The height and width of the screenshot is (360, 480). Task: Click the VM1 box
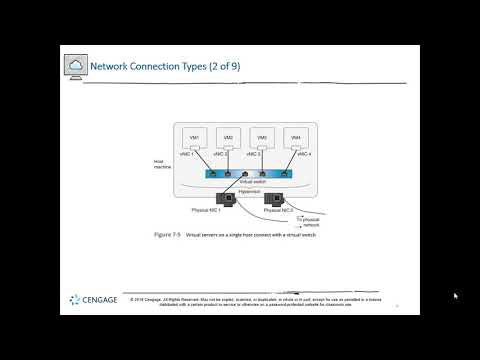point(195,139)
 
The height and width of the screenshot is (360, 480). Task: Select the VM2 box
point(229,139)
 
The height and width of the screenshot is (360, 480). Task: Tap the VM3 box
point(263,139)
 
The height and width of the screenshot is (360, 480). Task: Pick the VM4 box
point(297,139)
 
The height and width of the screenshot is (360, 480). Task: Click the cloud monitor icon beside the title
point(76,67)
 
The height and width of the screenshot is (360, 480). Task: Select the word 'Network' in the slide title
point(110,67)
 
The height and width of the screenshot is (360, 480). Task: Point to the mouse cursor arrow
point(455,296)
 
